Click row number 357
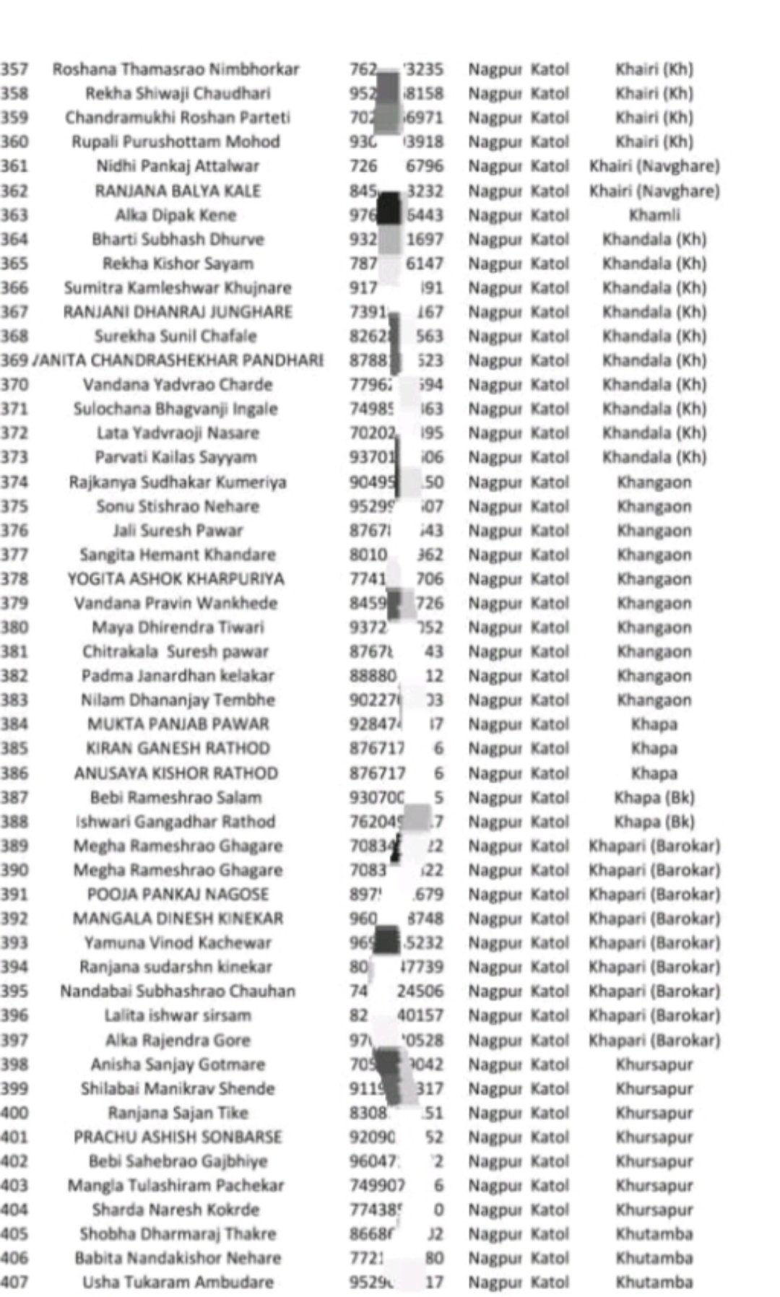(x=14, y=69)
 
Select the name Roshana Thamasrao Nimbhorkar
(x=175, y=69)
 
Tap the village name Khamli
(x=654, y=215)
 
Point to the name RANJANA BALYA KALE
(x=178, y=191)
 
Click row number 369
(x=14, y=360)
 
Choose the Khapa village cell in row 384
(x=654, y=724)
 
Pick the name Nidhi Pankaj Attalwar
(x=178, y=166)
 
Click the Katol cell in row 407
(x=550, y=1283)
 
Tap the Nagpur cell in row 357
(x=495, y=69)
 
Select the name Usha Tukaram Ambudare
(x=178, y=1283)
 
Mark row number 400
(x=14, y=1113)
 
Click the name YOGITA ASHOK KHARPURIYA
(x=176, y=579)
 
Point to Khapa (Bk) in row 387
(x=654, y=797)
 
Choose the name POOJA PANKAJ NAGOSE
(x=178, y=894)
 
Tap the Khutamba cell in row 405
(x=654, y=1234)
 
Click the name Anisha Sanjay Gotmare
(x=178, y=1064)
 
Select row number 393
(x=14, y=942)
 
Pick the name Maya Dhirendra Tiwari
(x=178, y=628)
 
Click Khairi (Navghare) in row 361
(x=654, y=166)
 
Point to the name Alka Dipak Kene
(x=176, y=215)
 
